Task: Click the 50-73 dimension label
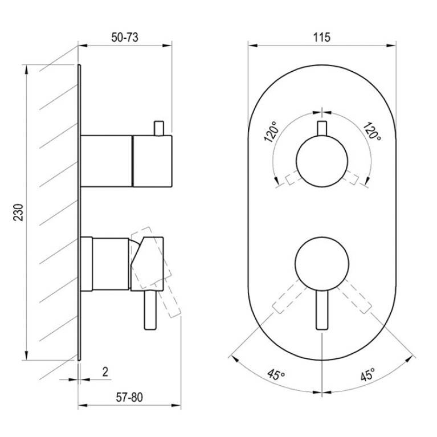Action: click(x=125, y=38)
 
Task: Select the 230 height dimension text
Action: click(x=19, y=213)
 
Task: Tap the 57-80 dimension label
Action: click(x=129, y=398)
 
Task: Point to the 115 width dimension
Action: click(x=322, y=38)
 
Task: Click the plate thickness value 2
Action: click(x=105, y=372)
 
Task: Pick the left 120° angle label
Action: click(x=271, y=132)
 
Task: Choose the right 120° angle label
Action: click(x=372, y=131)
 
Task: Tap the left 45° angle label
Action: click(x=276, y=374)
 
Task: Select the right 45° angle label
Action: click(x=368, y=374)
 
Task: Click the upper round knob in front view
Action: click(x=322, y=161)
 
